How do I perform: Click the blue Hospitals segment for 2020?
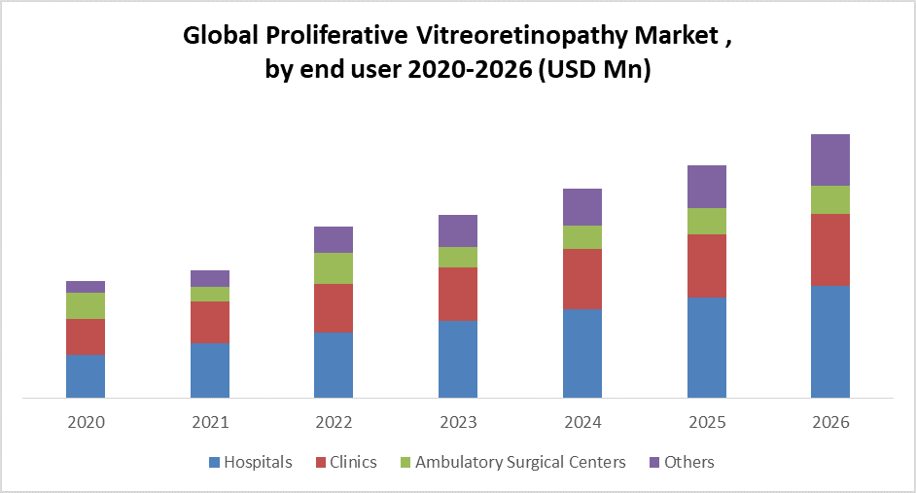(x=86, y=376)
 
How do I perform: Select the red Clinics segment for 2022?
(x=334, y=307)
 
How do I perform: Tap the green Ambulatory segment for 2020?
(x=86, y=305)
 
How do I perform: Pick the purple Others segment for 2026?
(x=830, y=159)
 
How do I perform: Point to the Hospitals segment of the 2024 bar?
(x=582, y=353)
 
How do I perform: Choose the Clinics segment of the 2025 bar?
(x=707, y=265)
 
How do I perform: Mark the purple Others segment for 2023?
(x=458, y=230)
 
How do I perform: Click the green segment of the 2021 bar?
(x=210, y=294)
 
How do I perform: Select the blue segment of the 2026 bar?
(x=830, y=341)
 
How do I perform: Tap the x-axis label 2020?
(x=86, y=423)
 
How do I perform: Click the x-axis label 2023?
(x=458, y=423)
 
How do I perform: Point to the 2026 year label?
(x=830, y=423)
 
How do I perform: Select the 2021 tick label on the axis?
(x=210, y=423)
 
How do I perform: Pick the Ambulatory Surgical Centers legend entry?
(x=511, y=463)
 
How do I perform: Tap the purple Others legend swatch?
(x=654, y=463)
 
